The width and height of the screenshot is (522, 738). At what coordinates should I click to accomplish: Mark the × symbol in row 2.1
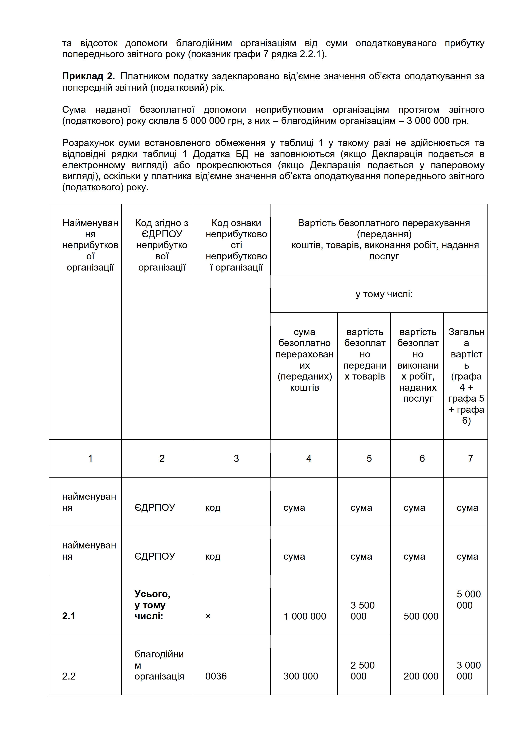pos(208,616)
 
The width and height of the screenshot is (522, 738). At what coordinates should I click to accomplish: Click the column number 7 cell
pos(470,458)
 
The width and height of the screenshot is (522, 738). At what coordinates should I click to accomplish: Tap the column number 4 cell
pos(308,458)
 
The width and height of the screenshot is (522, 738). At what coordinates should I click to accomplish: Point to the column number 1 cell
pos(90,458)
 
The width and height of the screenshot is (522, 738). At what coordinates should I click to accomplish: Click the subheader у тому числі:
pos(384,294)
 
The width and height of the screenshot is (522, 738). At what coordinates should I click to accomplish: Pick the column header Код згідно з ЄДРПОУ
pos(162,245)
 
